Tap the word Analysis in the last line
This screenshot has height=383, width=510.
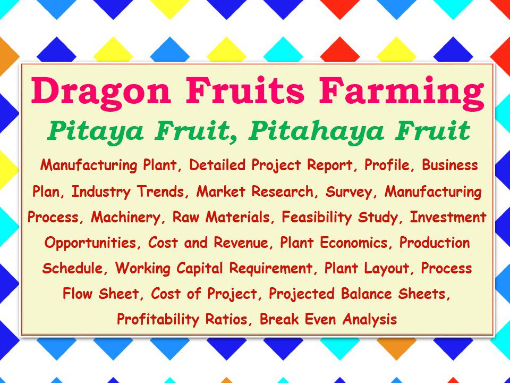pyautogui.click(x=370, y=320)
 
